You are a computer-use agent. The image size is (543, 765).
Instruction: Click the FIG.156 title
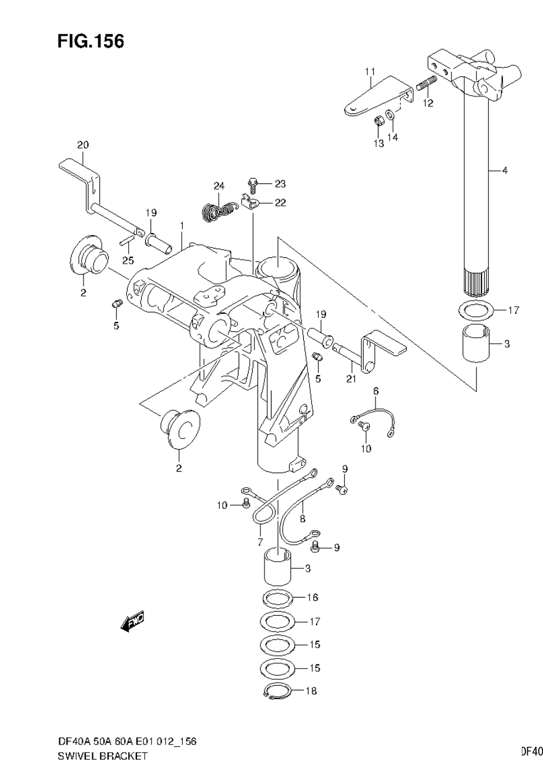click(90, 42)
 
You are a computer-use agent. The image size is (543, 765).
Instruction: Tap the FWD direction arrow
click(132, 622)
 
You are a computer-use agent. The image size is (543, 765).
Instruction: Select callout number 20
click(82, 145)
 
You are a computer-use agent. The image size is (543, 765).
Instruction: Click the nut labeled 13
click(380, 122)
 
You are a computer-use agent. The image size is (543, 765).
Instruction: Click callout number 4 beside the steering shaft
click(504, 170)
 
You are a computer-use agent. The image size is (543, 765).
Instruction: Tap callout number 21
click(351, 378)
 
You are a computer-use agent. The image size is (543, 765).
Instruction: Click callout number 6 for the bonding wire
click(376, 391)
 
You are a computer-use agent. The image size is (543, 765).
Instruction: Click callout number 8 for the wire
click(302, 519)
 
